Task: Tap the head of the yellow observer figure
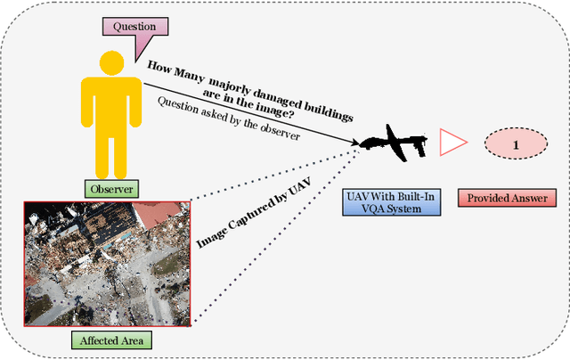coord(111,63)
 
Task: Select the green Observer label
coord(111,189)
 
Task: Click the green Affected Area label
coord(111,340)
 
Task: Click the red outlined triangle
coord(452,141)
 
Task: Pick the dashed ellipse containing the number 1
coord(515,142)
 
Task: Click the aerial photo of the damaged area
coord(107,263)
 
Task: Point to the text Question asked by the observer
coord(228,117)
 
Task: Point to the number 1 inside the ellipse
coord(515,142)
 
